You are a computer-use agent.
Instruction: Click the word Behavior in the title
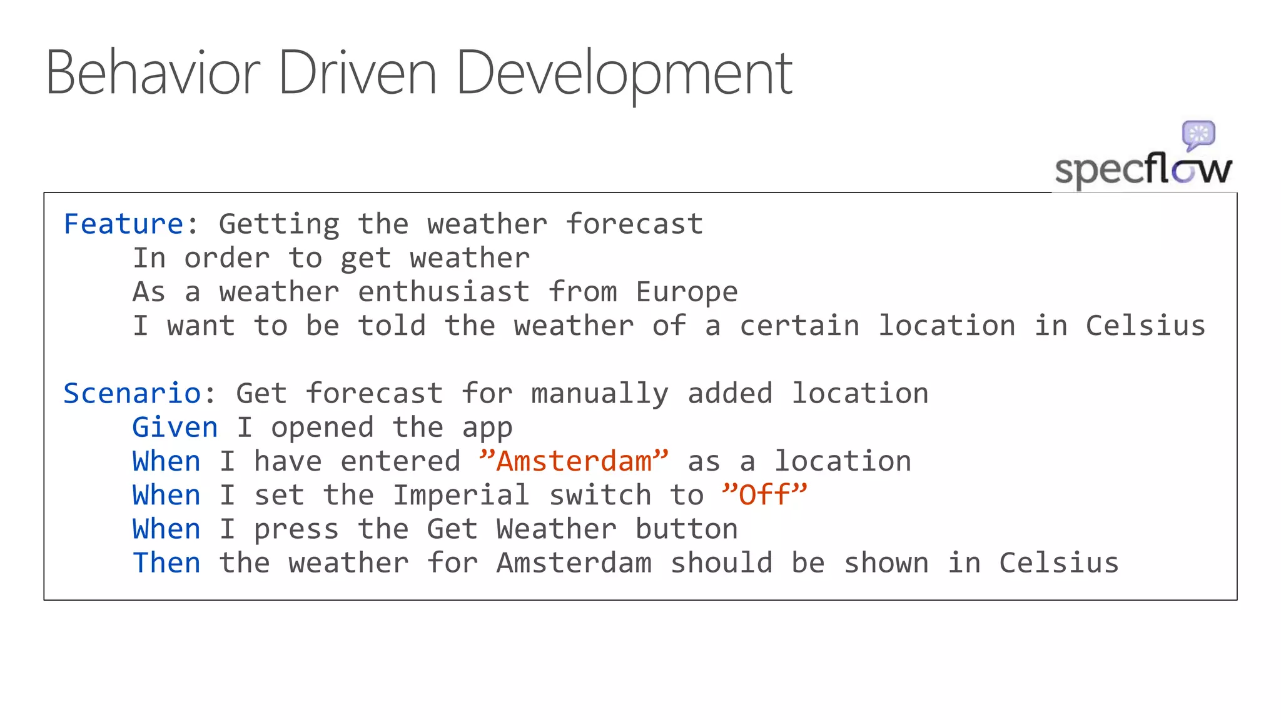153,74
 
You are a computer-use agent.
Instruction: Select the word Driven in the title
357,74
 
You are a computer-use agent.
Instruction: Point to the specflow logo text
1143,169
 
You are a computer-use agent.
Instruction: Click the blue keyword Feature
123,224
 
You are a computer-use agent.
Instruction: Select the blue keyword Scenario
132,393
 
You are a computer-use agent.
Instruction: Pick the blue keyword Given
175,427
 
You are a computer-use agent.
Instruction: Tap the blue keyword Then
166,562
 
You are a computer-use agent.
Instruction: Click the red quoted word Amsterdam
574,461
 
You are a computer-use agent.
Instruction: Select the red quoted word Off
764,495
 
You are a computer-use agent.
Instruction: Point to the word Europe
687,292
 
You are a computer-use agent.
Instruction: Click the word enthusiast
443,292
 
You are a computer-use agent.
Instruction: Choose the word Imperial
461,495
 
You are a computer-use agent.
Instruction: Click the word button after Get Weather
686,529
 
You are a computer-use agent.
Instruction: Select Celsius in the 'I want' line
1145,326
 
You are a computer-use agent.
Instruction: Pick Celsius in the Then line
1058,562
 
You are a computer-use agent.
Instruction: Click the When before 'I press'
166,529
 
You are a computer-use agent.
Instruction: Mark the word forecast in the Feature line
634,224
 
